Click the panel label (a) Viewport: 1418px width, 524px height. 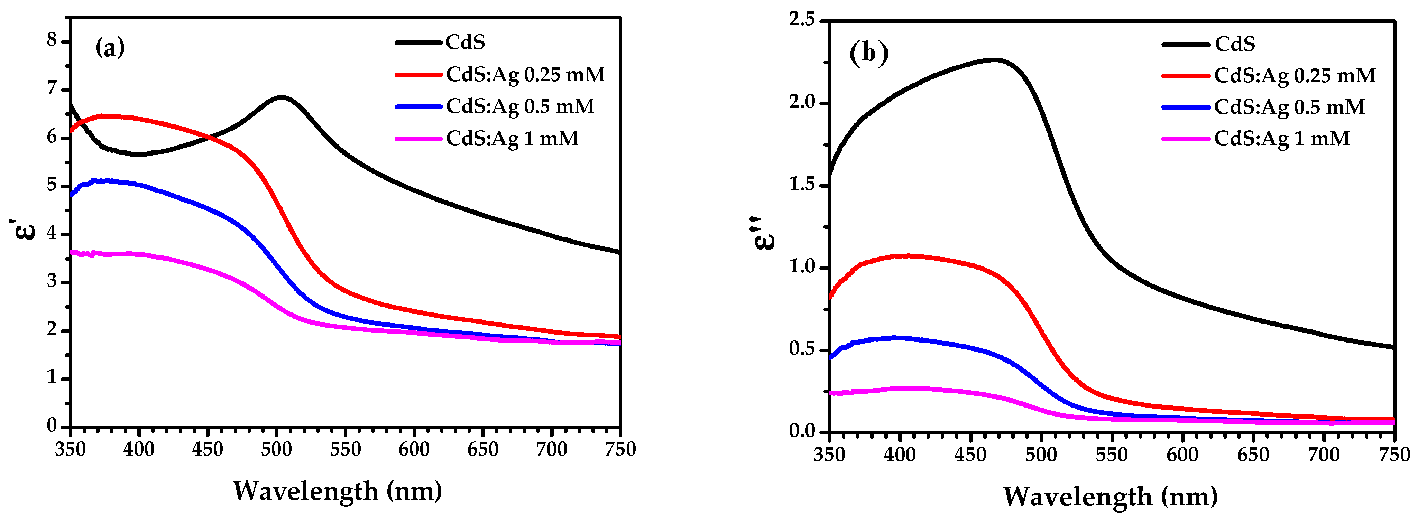tap(110, 48)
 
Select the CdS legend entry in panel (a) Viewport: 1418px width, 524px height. tap(465, 43)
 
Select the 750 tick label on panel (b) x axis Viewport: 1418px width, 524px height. tap(1394, 455)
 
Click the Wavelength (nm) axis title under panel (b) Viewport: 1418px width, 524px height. tap(1110, 496)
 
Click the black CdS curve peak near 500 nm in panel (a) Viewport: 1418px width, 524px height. tap(281, 97)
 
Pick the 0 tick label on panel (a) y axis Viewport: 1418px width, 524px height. tap(52, 425)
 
